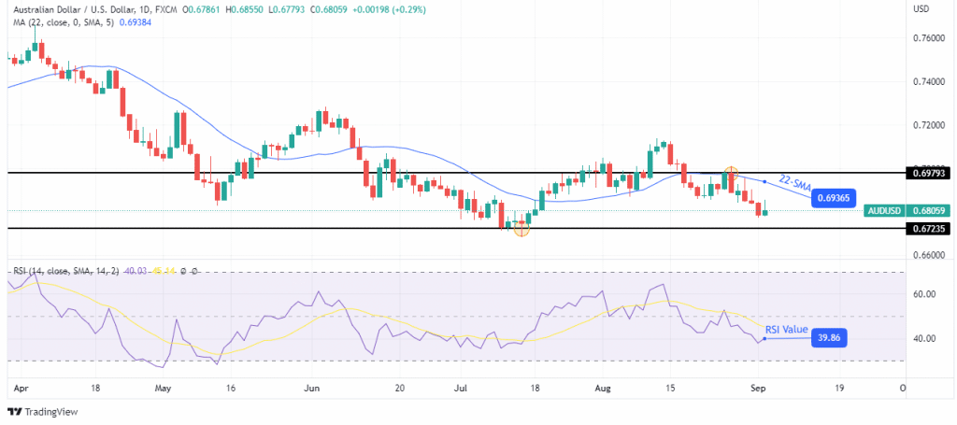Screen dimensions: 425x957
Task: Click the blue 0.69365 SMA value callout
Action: tap(835, 198)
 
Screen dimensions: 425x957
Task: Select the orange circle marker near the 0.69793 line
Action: tap(731, 174)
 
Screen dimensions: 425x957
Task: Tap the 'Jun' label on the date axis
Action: tap(313, 386)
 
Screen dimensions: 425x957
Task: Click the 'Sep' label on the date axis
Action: tap(759, 386)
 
